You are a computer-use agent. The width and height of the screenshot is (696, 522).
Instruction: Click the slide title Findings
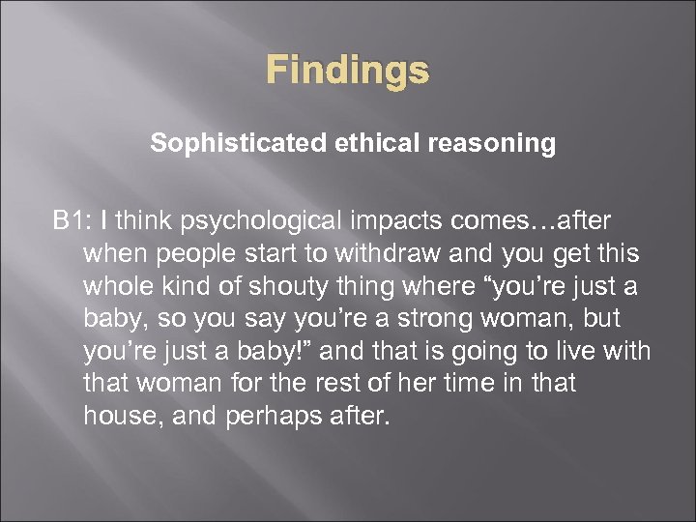pyautogui.click(x=347, y=71)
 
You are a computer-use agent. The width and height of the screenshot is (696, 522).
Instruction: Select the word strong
pyautogui.click(x=453, y=319)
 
